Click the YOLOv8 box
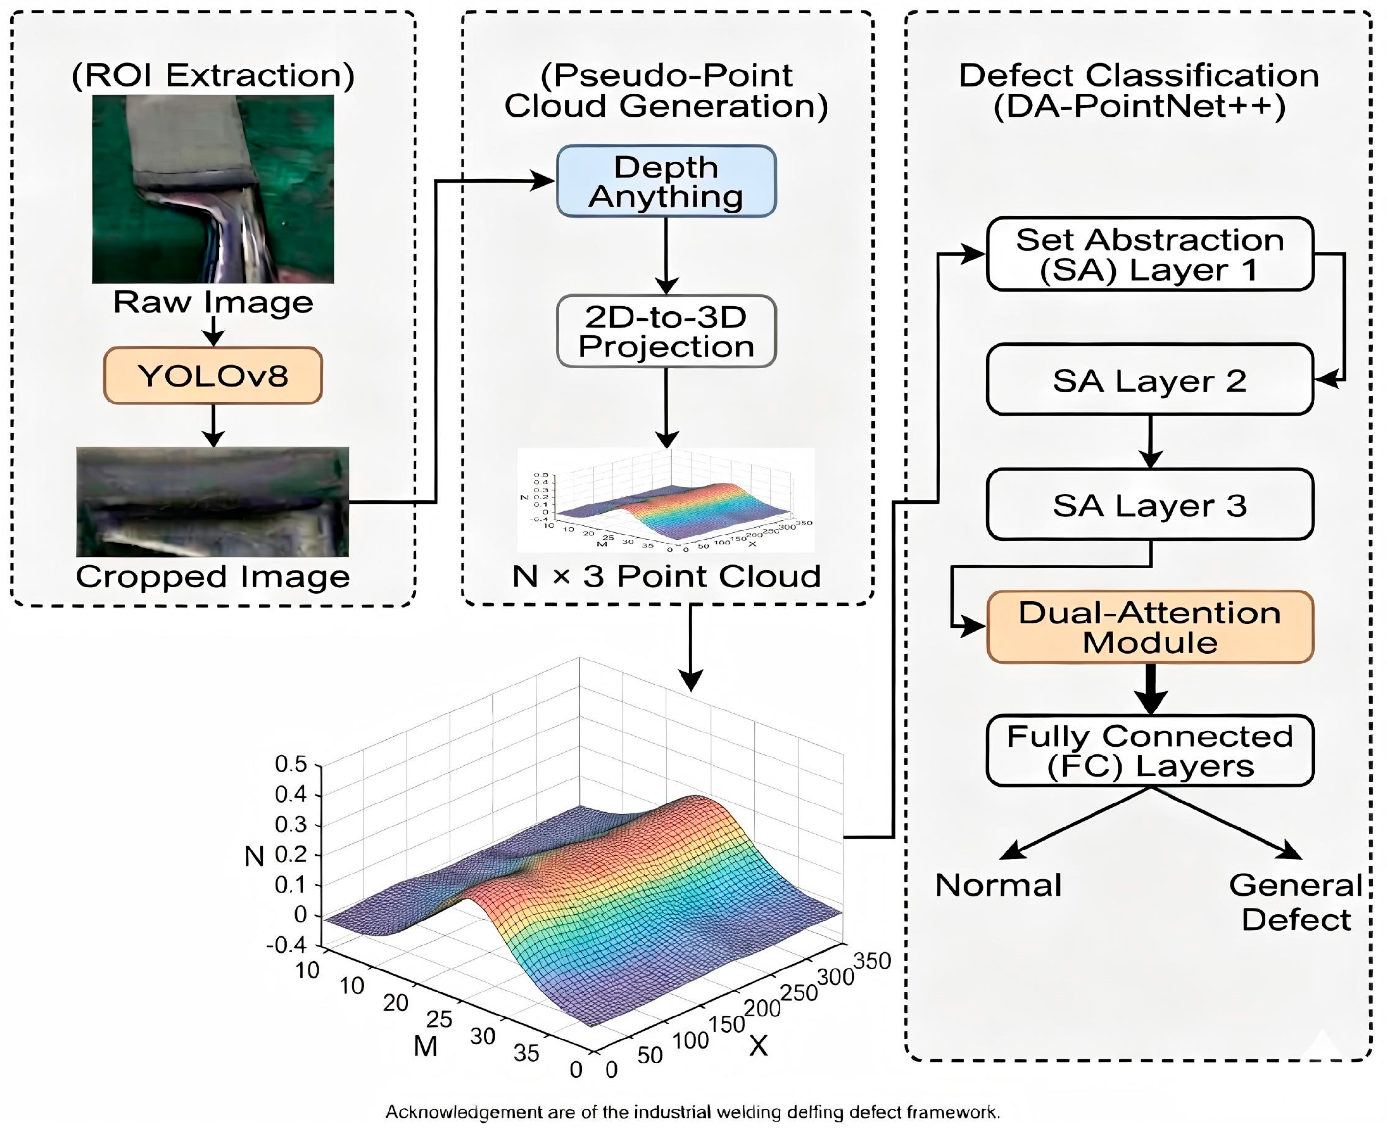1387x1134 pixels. tap(213, 376)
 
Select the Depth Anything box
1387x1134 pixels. tap(666, 181)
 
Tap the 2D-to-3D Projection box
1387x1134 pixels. tap(666, 331)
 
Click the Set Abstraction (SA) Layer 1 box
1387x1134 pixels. tap(1150, 254)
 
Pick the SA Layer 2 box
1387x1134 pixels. tap(1150, 379)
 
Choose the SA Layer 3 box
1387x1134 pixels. tap(1150, 504)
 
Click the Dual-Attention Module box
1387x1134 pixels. tap(1150, 627)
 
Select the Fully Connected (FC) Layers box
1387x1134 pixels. tap(1150, 751)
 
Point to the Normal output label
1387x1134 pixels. tap(998, 885)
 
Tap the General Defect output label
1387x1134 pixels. tap(1296, 902)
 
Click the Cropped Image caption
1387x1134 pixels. tap(213, 577)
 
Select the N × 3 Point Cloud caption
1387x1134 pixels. tap(666, 576)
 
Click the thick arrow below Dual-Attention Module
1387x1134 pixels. tap(1150, 689)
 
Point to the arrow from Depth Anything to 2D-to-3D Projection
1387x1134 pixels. tap(666, 256)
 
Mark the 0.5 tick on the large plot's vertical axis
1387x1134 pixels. tap(291, 764)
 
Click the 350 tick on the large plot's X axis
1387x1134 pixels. tap(873, 961)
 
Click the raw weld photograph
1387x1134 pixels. tap(213, 189)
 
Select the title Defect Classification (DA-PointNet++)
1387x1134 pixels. tap(1139, 91)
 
